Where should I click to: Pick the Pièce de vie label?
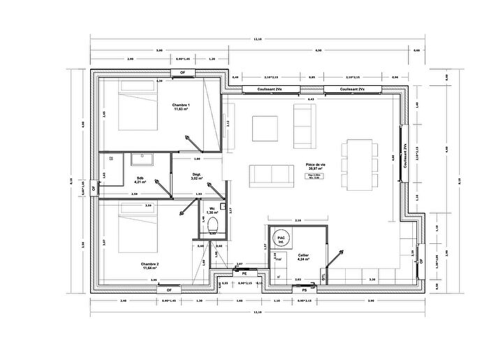316,167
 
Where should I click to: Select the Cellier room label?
303,257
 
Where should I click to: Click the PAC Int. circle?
282,239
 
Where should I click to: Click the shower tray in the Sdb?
145,160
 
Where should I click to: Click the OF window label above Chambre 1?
183,73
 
